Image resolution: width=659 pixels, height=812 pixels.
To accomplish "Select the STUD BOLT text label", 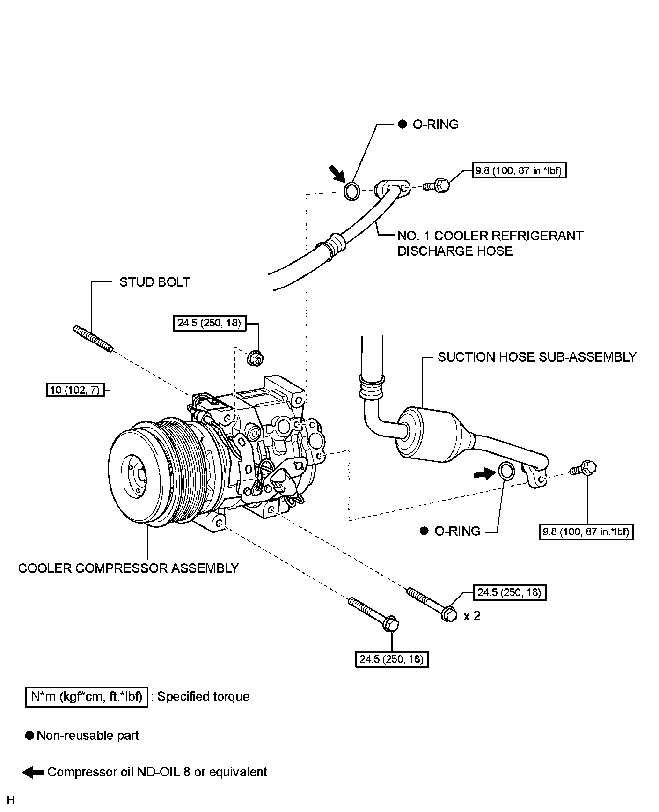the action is tap(155, 282).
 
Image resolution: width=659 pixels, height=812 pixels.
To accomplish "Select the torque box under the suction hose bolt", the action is tap(586, 532).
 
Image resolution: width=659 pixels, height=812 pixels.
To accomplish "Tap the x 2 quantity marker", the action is tap(472, 616).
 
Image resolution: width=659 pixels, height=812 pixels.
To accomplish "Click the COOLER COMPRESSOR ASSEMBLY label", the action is tap(129, 568).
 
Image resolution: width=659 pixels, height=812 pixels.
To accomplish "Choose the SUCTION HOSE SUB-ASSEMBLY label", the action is tap(537, 357).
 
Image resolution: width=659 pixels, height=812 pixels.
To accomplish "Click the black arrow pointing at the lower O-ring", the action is tap(484, 474).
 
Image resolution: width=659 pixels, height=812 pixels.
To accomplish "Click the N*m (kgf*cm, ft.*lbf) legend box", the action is tap(87, 697).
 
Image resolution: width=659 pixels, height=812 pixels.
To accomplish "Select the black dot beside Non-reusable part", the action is tap(30, 736).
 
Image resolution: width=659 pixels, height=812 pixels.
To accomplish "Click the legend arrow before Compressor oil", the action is tap(34, 772).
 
